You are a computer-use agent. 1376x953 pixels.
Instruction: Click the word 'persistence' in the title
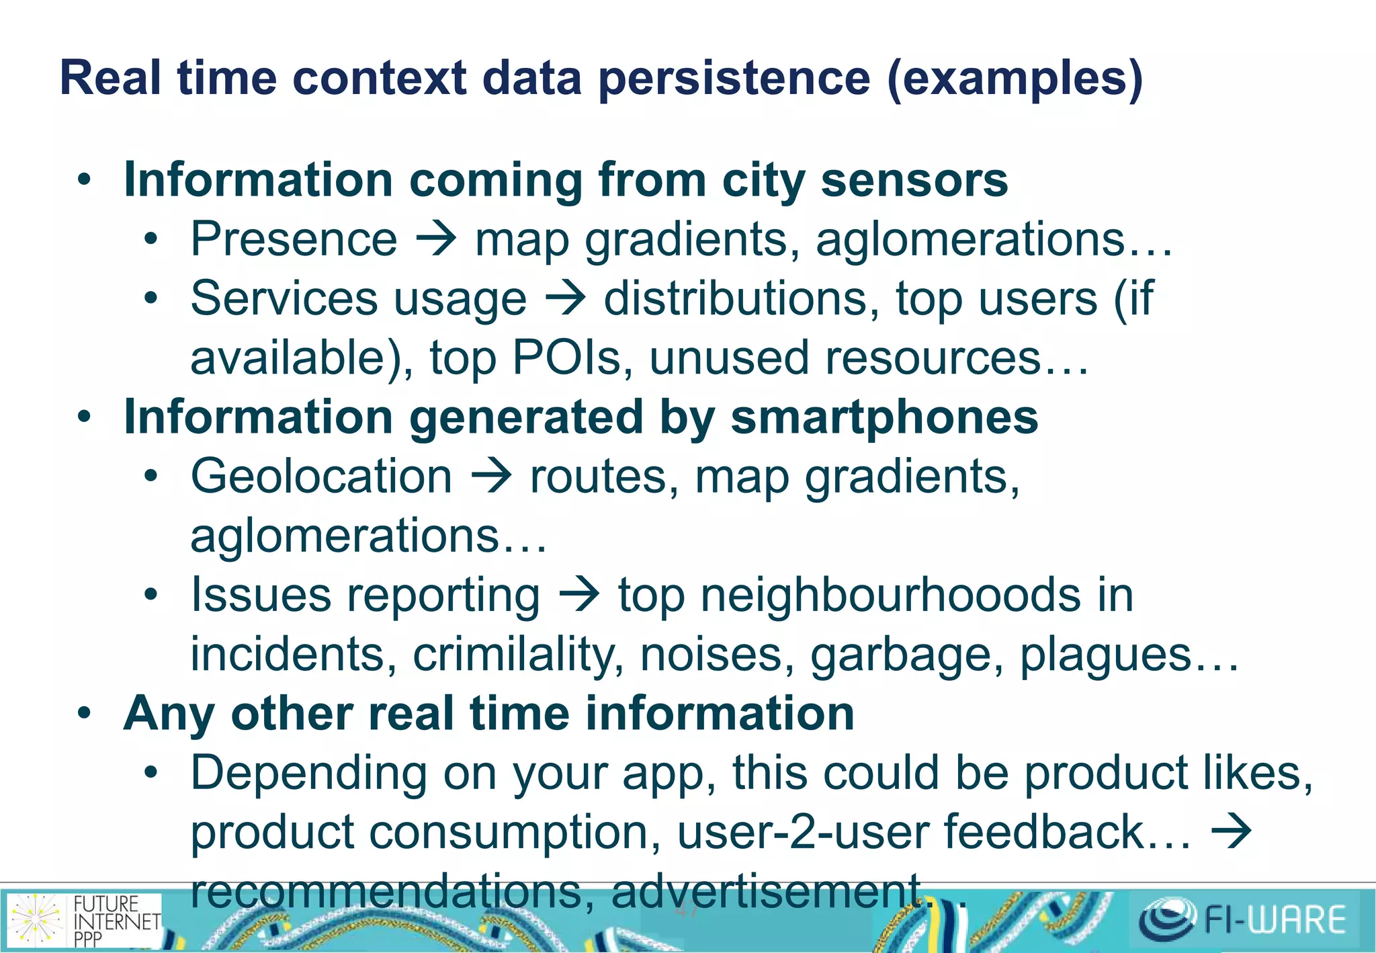coord(734,79)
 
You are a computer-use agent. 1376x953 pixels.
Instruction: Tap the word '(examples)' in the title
coord(1015,79)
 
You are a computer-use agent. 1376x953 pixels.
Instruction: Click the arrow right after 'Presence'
coord(437,239)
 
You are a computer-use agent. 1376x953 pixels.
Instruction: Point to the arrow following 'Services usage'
coord(566,298)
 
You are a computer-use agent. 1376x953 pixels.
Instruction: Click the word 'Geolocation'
coord(321,476)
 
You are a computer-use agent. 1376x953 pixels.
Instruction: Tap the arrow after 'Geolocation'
coord(492,476)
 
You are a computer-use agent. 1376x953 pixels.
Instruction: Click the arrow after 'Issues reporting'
coord(579,595)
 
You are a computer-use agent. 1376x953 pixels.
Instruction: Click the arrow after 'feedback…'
coord(1231,832)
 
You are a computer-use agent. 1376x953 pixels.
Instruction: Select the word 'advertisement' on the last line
coord(766,891)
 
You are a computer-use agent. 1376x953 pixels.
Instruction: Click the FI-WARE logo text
coord(1274,919)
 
